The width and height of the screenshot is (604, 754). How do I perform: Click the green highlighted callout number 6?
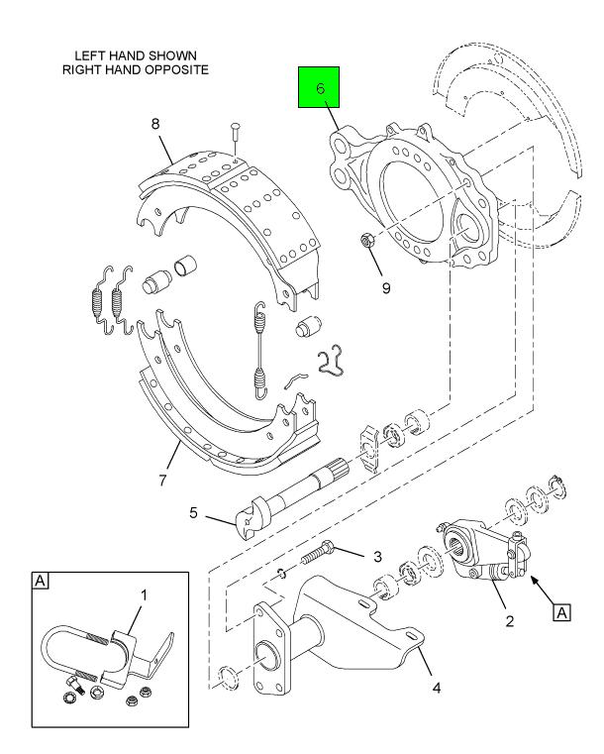[x=320, y=88]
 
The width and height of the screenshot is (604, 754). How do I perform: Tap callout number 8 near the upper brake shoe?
[x=155, y=124]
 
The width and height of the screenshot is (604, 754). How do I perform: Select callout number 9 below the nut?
[x=386, y=288]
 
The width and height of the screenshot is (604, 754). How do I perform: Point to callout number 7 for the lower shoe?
[x=162, y=480]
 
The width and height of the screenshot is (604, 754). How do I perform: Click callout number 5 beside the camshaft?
[x=193, y=512]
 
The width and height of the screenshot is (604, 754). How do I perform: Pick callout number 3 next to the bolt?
[x=377, y=557]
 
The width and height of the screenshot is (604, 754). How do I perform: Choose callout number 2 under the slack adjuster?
[x=510, y=621]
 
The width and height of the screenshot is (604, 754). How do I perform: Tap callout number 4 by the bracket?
[x=436, y=689]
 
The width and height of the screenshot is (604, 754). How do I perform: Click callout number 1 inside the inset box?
[x=144, y=595]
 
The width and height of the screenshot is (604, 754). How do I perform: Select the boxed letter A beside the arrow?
[x=561, y=613]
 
